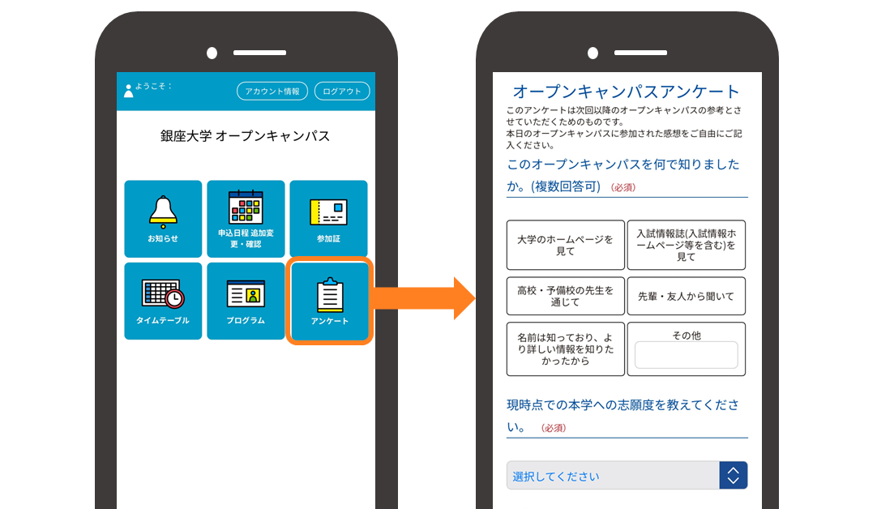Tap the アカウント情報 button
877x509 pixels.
click(x=272, y=91)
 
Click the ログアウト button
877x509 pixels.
click(x=342, y=91)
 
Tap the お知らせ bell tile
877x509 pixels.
click(x=163, y=219)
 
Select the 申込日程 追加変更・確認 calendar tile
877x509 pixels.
click(x=246, y=219)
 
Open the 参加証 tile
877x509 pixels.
click(x=328, y=219)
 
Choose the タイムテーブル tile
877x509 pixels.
click(x=163, y=301)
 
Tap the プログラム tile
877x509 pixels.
click(x=246, y=301)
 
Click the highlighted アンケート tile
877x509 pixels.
click(x=329, y=301)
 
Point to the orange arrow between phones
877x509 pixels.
click(x=422, y=298)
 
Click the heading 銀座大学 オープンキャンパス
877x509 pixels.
click(x=245, y=136)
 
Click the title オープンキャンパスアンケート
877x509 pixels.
click(x=626, y=91)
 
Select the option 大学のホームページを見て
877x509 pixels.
click(x=566, y=245)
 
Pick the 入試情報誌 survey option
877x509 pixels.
click(x=687, y=245)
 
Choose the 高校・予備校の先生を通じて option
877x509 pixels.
click(x=566, y=296)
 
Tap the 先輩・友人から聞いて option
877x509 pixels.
click(x=687, y=296)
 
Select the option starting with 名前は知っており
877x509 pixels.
click(x=566, y=349)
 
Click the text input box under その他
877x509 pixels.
click(x=687, y=355)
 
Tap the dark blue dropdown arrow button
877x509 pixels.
click(x=734, y=476)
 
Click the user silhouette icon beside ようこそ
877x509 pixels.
click(x=129, y=91)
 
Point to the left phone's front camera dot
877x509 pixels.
click(x=212, y=53)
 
